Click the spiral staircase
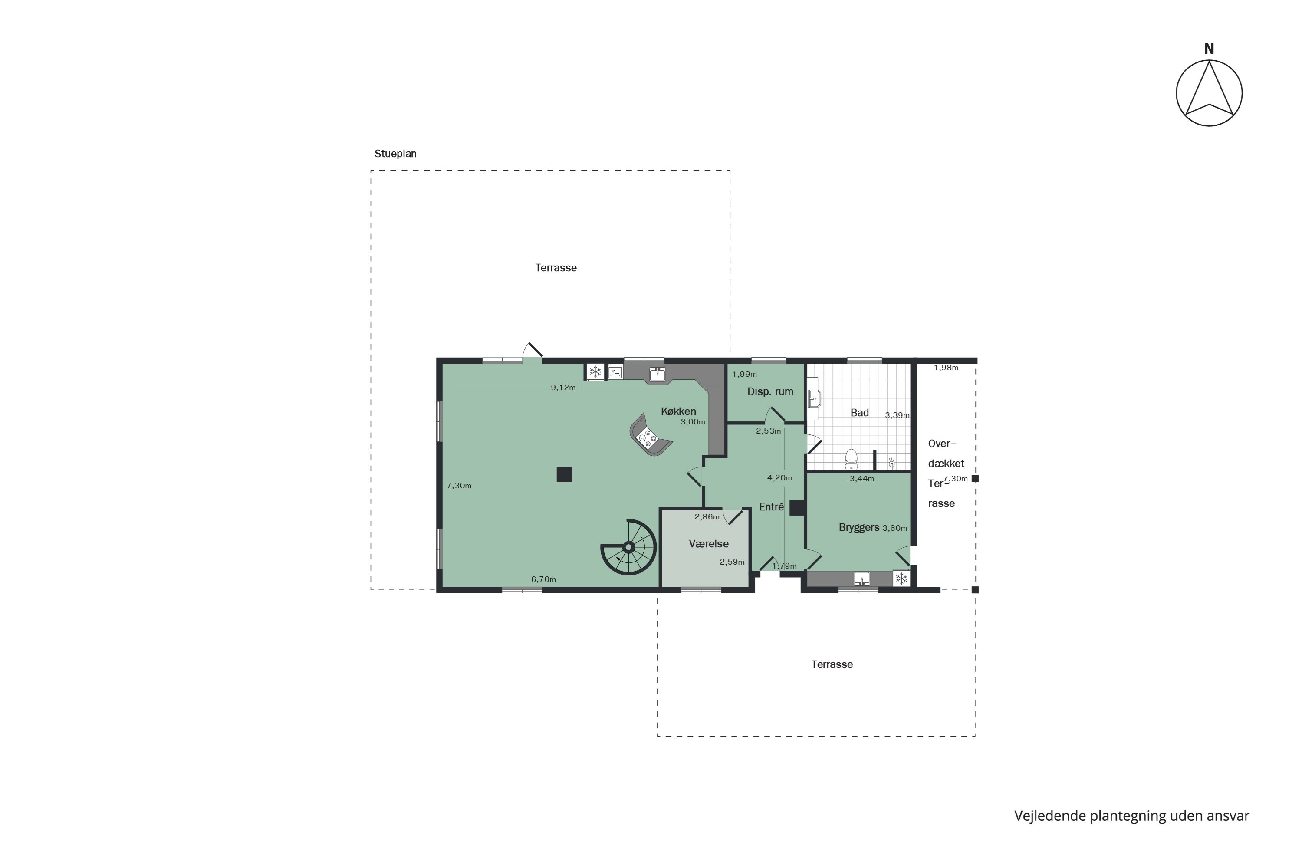pyautogui.click(x=629, y=547)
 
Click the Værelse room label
pyautogui.click(x=709, y=544)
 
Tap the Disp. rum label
pyautogui.click(x=770, y=391)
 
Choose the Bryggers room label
pyautogui.click(x=858, y=527)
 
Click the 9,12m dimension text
pyautogui.click(x=563, y=388)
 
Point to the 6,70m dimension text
pyautogui.click(x=544, y=579)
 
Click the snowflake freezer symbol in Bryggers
pyautogui.click(x=901, y=579)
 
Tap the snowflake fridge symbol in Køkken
pyautogui.click(x=595, y=372)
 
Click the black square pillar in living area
pyautogui.click(x=564, y=474)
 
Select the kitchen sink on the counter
pyautogui.click(x=657, y=374)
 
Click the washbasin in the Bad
pyautogui.click(x=814, y=398)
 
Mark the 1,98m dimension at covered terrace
pyautogui.click(x=946, y=368)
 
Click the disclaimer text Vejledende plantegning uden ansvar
pyautogui.click(x=1131, y=815)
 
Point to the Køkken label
pyautogui.click(x=678, y=411)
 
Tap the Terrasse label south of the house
pyautogui.click(x=832, y=664)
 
